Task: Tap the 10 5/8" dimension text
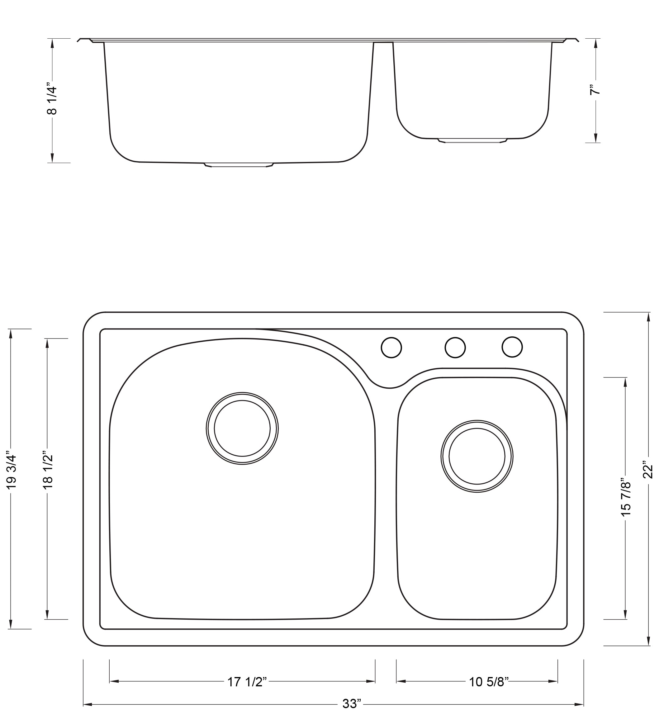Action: [x=489, y=682]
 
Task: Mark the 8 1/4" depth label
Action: [x=52, y=100]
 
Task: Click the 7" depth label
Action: [x=595, y=89]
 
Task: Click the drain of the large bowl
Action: [x=242, y=428]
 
